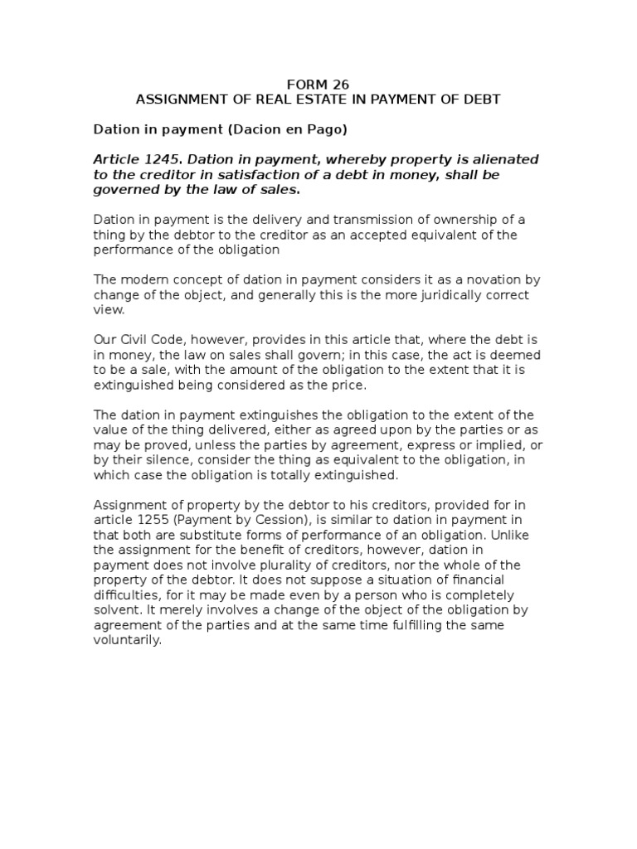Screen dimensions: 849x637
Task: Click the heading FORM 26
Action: point(318,84)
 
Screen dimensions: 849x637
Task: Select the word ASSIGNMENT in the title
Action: point(174,99)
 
